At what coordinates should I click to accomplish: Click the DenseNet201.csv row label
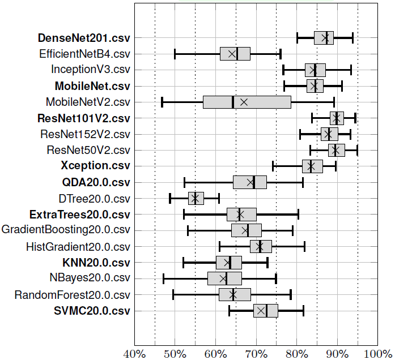(x=84, y=38)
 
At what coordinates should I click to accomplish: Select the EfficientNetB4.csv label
(x=84, y=54)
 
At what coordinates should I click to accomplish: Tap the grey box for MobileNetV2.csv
(x=247, y=102)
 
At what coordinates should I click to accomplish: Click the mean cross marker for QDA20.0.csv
(x=250, y=182)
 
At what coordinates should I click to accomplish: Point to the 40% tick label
(x=134, y=354)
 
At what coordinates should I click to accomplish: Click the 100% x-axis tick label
(x=377, y=354)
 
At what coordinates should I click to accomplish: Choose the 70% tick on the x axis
(x=256, y=354)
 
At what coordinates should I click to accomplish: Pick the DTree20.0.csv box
(x=196, y=198)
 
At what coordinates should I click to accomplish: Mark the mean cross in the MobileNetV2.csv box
(x=244, y=102)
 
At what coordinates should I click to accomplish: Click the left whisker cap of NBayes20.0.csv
(x=163, y=278)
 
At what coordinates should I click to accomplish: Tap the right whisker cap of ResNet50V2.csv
(x=357, y=150)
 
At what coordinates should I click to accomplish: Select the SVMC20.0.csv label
(x=92, y=311)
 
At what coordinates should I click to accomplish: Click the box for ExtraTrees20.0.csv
(x=241, y=215)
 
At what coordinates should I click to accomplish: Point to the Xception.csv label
(x=95, y=166)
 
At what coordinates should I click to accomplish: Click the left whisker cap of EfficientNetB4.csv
(x=175, y=54)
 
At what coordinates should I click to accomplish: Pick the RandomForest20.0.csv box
(x=235, y=294)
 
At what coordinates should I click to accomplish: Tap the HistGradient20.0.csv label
(x=78, y=246)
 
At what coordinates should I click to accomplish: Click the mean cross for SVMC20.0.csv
(x=261, y=311)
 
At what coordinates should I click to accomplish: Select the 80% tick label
(x=296, y=354)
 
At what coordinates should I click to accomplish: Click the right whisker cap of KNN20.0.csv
(x=267, y=263)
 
